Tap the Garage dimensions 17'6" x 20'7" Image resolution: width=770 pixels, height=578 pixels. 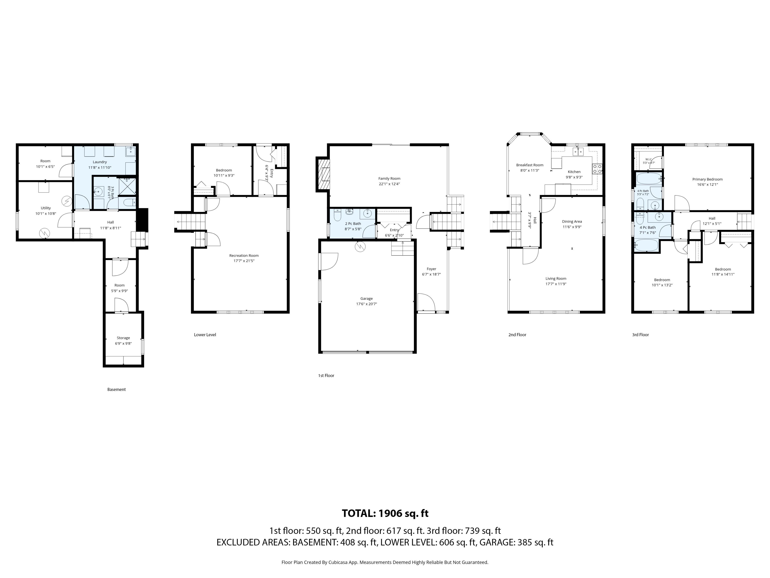367,304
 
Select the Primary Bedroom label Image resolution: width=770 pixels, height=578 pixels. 707,179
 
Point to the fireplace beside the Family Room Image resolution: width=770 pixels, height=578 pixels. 322,174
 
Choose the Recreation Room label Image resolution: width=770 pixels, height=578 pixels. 244,255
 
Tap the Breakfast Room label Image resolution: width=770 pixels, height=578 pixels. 530,165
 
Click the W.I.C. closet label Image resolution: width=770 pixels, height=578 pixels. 648,159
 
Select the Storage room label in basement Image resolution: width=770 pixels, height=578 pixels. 123,338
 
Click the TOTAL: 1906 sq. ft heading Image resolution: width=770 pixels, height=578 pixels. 385,513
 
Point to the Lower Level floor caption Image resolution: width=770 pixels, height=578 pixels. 205,335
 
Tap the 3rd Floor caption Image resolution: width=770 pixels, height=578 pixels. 640,335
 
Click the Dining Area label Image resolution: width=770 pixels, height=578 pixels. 572,222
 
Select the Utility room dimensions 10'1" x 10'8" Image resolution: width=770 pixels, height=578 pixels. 46,214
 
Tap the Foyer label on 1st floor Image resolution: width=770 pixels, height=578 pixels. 431,269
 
